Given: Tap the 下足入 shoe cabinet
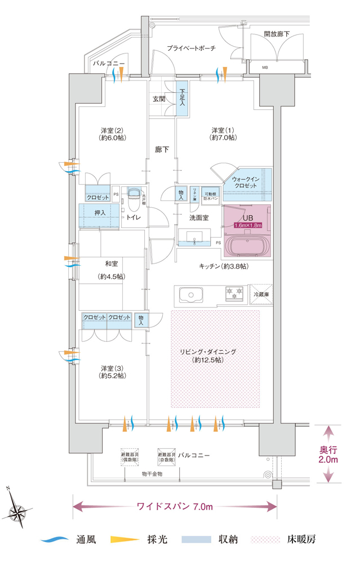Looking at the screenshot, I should pyautogui.click(x=182, y=100).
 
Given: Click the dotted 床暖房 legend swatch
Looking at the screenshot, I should pyautogui.click(x=266, y=539).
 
